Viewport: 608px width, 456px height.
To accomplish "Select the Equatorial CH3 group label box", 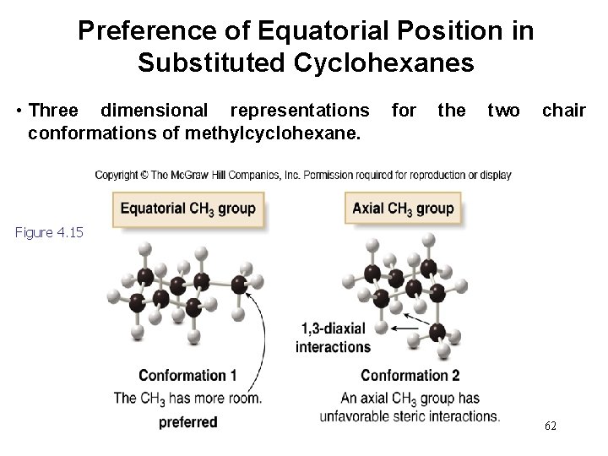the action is [187, 209].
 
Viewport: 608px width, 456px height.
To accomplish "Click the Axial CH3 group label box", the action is [403, 209].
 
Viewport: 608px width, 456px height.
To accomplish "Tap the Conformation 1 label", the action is [187, 375].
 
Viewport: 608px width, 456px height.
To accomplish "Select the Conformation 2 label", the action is [410, 375].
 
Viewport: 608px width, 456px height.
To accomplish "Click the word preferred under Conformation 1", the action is [187, 421].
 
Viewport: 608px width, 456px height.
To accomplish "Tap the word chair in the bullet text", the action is [563, 111].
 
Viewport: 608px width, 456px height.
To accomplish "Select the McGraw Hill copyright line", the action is [303, 175].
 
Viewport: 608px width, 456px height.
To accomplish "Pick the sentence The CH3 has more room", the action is [187, 398].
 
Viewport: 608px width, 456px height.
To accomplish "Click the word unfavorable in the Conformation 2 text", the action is [359, 415].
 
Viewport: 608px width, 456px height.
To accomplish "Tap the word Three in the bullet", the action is [54, 111].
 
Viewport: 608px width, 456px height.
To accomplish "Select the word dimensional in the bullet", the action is [154, 111].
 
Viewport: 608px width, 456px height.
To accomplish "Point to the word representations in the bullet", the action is [299, 111].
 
